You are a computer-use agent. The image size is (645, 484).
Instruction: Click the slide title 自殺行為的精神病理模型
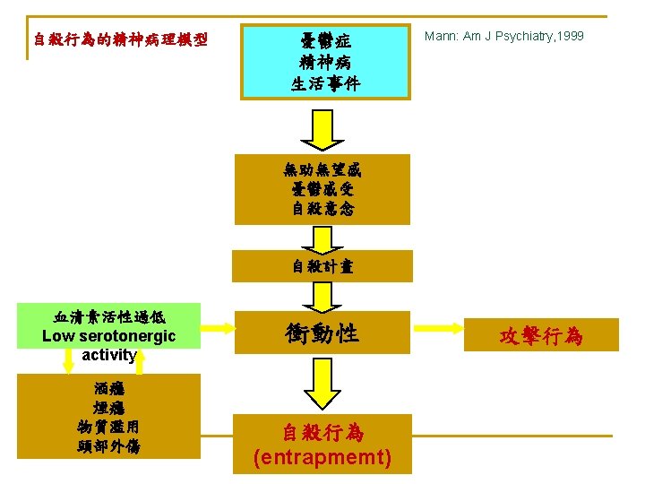click(x=120, y=39)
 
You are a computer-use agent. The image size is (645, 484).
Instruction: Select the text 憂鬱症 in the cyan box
click(x=324, y=40)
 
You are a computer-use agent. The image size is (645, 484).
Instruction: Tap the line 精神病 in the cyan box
click(x=324, y=62)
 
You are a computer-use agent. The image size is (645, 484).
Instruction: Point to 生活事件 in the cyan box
click(x=324, y=83)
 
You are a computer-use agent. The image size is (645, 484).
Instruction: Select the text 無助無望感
click(x=322, y=169)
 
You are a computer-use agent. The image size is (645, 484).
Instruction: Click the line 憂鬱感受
click(x=322, y=189)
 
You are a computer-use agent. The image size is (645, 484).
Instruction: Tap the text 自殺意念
click(x=322, y=209)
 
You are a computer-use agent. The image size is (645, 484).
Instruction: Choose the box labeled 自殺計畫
click(x=322, y=266)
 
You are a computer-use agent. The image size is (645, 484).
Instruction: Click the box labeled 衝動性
click(x=322, y=333)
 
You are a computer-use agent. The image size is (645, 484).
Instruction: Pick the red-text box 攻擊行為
click(x=541, y=336)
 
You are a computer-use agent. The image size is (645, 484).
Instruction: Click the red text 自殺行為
click(x=322, y=433)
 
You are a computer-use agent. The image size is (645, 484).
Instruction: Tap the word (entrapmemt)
click(x=322, y=457)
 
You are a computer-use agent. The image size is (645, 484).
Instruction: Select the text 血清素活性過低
click(x=109, y=316)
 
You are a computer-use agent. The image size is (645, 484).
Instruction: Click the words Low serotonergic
click(x=109, y=336)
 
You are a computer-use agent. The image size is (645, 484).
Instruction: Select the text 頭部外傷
click(x=109, y=445)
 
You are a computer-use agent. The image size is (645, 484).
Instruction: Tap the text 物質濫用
click(x=109, y=426)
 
